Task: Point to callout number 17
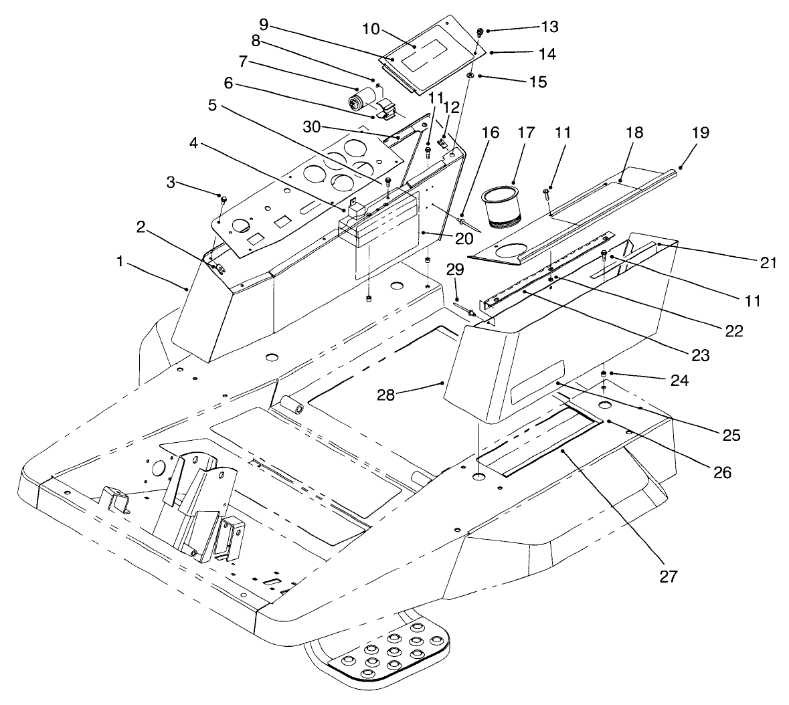[x=525, y=132]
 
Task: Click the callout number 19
[x=682, y=132]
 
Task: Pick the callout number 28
[x=404, y=395]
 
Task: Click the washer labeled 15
[x=471, y=77]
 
